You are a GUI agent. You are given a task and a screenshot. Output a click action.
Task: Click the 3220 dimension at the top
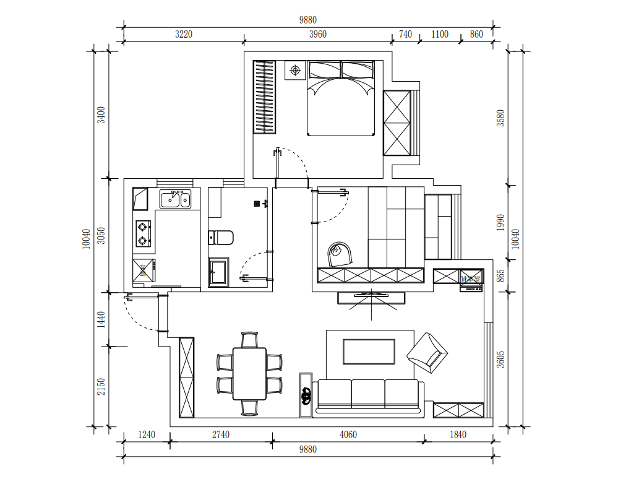(x=184, y=34)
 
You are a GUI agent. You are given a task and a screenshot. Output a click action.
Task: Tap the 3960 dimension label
(x=317, y=34)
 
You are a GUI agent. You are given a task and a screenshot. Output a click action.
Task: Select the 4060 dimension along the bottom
(x=348, y=434)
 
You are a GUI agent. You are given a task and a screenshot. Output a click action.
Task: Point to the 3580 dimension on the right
(x=500, y=118)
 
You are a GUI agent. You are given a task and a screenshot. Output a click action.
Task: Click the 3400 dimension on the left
(x=101, y=114)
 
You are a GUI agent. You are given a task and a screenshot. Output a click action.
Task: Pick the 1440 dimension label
(x=101, y=319)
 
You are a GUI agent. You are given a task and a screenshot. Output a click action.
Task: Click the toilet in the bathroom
(x=221, y=238)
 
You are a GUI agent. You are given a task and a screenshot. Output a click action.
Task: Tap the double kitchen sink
(x=175, y=199)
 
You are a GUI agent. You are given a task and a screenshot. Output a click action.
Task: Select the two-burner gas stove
(x=143, y=233)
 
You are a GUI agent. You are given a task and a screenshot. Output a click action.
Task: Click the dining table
(x=249, y=374)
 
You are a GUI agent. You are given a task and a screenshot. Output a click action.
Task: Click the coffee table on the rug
(x=369, y=352)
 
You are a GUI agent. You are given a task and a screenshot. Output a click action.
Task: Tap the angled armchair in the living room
(x=427, y=353)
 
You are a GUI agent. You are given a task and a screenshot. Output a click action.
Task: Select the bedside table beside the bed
(x=295, y=71)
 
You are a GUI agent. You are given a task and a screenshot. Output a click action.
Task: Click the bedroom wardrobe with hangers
(x=264, y=97)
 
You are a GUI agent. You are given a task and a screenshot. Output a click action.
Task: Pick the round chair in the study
(x=340, y=254)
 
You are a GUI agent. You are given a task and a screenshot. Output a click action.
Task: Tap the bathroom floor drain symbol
(x=257, y=204)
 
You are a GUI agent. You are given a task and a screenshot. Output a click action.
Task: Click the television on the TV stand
(x=371, y=295)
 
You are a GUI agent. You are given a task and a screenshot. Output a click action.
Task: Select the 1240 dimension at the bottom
(x=147, y=434)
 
